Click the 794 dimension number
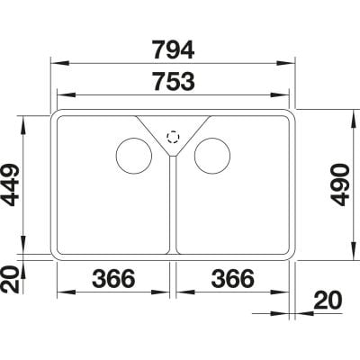click(174, 49)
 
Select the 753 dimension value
click(174, 81)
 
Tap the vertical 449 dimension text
click(11, 184)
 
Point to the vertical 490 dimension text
click(340, 184)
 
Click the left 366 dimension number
click(113, 278)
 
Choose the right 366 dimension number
click(233, 278)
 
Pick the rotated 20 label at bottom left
click(11, 280)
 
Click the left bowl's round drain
click(134, 156)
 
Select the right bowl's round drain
click(212, 156)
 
